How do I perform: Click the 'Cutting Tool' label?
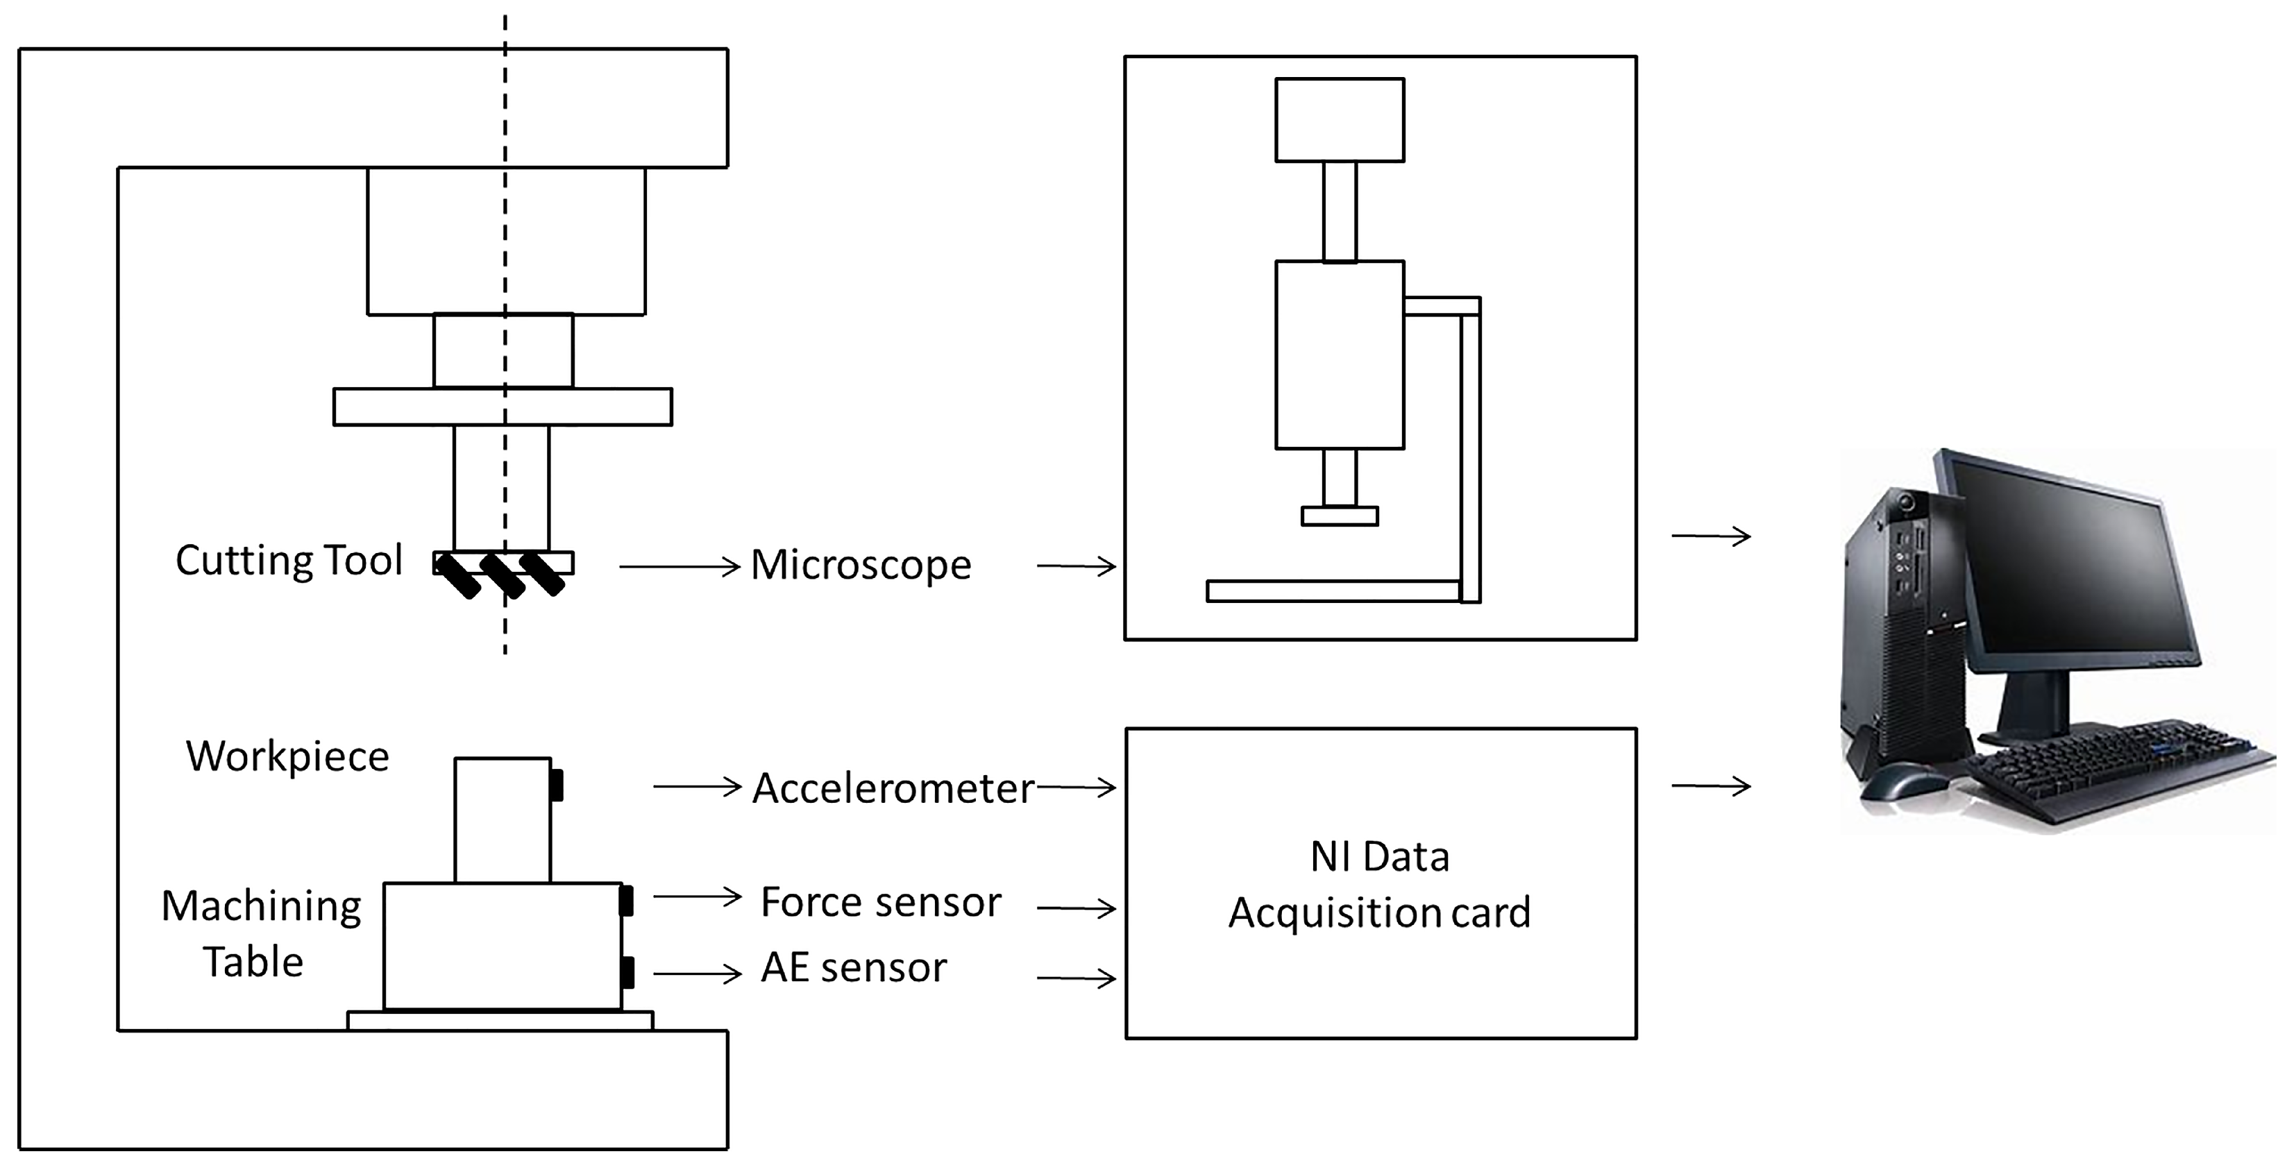click(289, 561)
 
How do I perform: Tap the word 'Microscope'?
click(860, 566)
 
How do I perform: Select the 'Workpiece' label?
click(287, 756)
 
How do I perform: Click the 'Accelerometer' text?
click(893, 788)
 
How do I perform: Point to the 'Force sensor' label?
click(880, 902)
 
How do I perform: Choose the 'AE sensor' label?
click(853, 968)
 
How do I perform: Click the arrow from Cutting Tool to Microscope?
click(680, 566)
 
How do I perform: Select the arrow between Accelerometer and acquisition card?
click(1076, 787)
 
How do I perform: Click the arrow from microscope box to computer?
click(1710, 536)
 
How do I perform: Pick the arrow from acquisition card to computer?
click(1710, 786)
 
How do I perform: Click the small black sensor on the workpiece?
click(557, 785)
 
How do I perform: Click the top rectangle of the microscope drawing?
click(1339, 120)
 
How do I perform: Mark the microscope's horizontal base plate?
click(1332, 591)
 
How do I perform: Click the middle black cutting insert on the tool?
click(502, 575)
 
